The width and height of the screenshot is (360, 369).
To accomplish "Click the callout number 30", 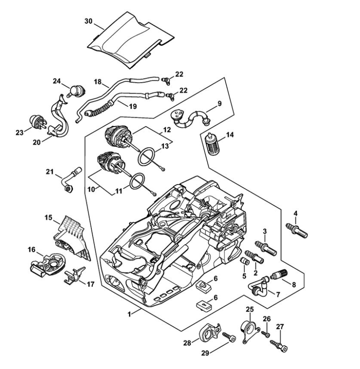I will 88,20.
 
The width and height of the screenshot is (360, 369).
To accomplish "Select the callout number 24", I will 57,81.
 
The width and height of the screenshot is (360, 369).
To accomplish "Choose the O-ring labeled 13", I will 146,156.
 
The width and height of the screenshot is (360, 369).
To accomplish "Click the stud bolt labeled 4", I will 297,230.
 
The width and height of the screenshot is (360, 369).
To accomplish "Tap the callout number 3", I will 265,232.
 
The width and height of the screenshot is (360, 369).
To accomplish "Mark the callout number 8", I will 294,284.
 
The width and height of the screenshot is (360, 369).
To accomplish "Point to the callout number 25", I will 250,309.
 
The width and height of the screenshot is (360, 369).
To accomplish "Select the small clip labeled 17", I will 73,277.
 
